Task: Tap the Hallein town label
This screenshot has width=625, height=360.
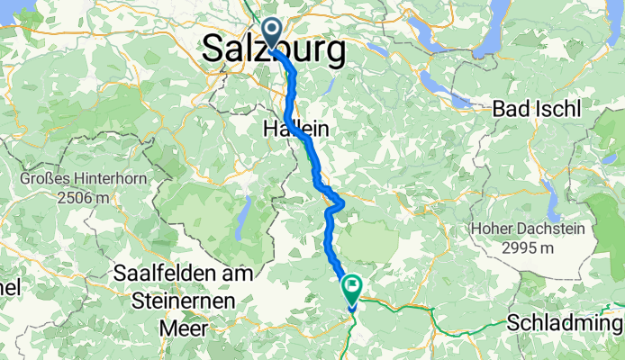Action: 294,130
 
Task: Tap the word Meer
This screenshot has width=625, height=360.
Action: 183,328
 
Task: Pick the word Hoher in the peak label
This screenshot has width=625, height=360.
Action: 495,230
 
